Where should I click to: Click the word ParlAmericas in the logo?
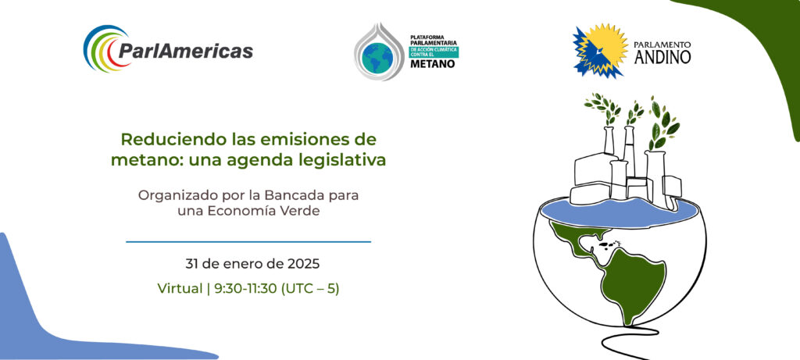(x=186, y=51)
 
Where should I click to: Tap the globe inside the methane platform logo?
(x=377, y=57)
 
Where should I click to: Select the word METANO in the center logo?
(x=433, y=64)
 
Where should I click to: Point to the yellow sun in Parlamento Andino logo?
(x=605, y=48)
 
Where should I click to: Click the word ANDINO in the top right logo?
(x=662, y=56)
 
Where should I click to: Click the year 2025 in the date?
(x=303, y=264)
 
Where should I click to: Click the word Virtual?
(x=180, y=289)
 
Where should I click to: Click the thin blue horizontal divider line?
(x=248, y=242)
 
